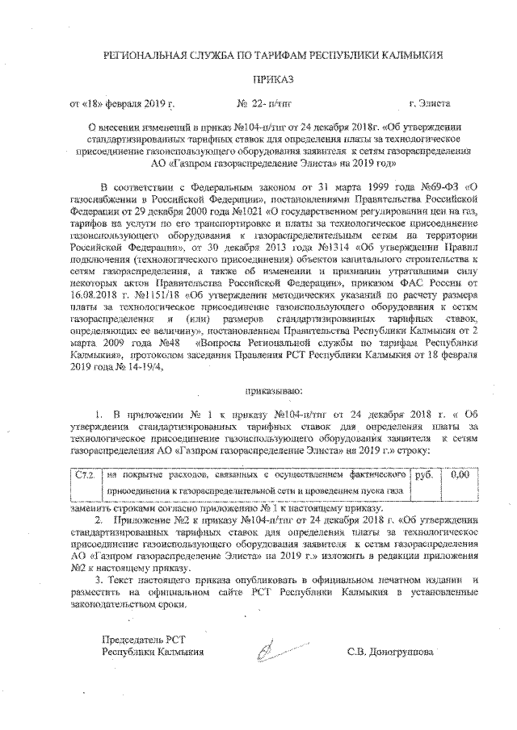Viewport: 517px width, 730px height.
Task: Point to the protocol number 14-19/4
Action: point(141,362)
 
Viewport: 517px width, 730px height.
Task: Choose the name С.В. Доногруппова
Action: point(390,652)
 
